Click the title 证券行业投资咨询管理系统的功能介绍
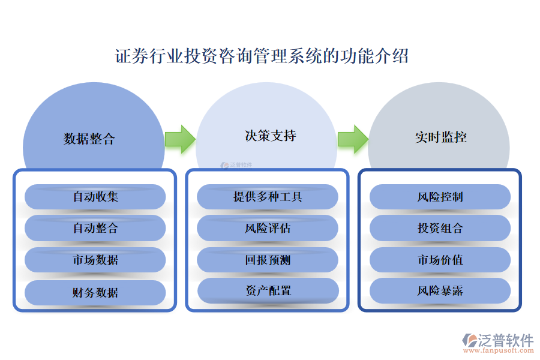click(262, 57)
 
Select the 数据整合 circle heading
click(89, 139)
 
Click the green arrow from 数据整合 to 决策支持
click(179, 139)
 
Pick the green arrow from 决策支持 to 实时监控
click(352, 139)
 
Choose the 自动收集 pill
click(95, 197)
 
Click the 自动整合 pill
click(95, 228)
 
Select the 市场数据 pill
click(95, 260)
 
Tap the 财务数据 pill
click(95, 293)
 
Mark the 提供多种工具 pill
click(268, 197)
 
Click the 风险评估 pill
click(268, 228)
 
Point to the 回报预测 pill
click(268, 260)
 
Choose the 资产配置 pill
click(268, 291)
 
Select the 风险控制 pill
click(440, 197)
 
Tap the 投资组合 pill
click(440, 228)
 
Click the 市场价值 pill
click(440, 260)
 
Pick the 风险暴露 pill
click(440, 291)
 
